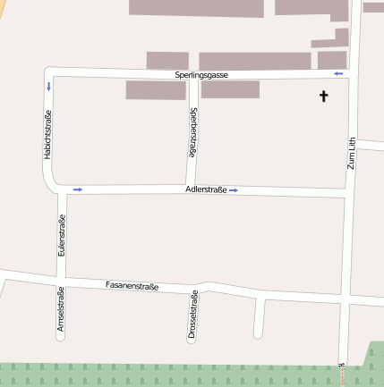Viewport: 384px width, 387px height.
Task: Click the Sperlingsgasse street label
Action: (201, 75)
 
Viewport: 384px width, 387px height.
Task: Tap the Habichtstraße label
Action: (47, 135)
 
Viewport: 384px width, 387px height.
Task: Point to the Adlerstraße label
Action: (206, 189)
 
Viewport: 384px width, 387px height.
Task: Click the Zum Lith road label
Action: (351, 152)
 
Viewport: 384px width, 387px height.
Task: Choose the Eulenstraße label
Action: (61, 238)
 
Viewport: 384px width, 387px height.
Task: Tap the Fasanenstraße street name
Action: (132, 286)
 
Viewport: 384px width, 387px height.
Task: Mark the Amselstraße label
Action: (60, 310)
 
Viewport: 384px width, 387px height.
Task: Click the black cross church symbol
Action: (324, 96)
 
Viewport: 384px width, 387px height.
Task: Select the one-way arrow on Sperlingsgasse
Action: (338, 73)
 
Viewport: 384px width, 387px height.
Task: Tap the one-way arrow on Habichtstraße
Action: (48, 87)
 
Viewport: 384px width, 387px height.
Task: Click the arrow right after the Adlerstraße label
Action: (234, 189)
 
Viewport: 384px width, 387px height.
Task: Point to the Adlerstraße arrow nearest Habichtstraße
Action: (78, 189)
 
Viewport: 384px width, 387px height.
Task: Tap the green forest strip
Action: (179, 374)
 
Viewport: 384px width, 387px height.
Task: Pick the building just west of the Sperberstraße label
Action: (156, 90)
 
